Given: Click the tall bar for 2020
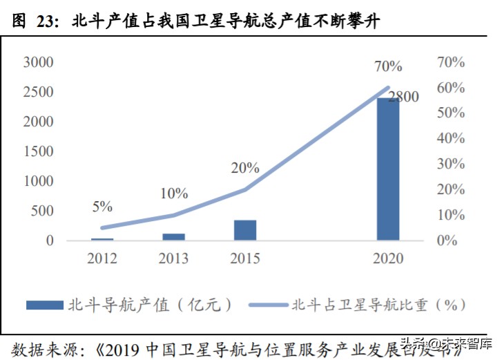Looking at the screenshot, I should point(387,169).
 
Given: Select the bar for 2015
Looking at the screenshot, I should point(244,230).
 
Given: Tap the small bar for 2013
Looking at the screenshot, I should point(173,237).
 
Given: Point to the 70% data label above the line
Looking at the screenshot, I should point(388,67).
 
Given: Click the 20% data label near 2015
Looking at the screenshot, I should point(245,168).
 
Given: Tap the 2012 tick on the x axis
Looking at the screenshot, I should point(102,259).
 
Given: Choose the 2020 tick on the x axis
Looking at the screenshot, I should point(387,259).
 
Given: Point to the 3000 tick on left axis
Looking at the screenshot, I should point(39,62).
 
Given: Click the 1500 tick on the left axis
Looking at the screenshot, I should point(39,151).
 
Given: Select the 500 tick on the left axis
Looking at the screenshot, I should point(42,211).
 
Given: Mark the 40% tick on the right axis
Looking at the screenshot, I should point(451,138).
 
